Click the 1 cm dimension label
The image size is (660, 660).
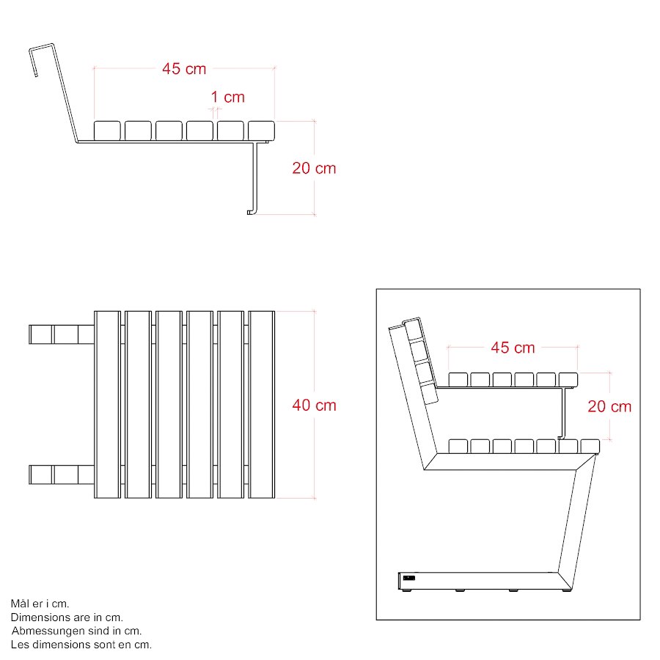point(228,98)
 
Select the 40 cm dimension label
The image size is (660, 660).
point(314,406)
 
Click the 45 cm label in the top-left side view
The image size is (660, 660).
point(184,69)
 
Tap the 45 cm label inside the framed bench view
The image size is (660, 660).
point(513,348)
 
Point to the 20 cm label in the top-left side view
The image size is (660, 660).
point(314,169)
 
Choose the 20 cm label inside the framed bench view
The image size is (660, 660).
point(609,406)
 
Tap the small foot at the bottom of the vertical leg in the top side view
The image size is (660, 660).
point(250,212)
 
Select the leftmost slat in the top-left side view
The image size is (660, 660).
point(107,131)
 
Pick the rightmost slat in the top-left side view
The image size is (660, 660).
point(261,131)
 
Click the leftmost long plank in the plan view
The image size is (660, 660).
point(107,405)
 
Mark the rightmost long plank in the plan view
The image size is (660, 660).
point(261,405)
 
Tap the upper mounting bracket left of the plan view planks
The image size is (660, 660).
point(62,334)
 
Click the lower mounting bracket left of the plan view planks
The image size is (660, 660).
point(62,474)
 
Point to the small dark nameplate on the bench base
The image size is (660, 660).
point(408,578)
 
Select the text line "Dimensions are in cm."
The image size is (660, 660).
point(67,617)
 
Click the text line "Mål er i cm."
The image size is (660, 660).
point(40,604)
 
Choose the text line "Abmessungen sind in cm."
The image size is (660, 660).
point(76,631)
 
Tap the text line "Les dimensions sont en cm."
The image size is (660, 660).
point(81,645)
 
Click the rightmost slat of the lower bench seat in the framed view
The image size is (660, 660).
point(590,446)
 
